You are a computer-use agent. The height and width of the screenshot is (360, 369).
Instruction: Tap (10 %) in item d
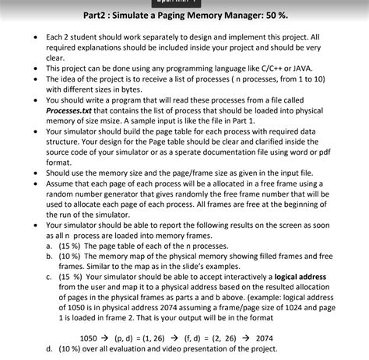72,348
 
